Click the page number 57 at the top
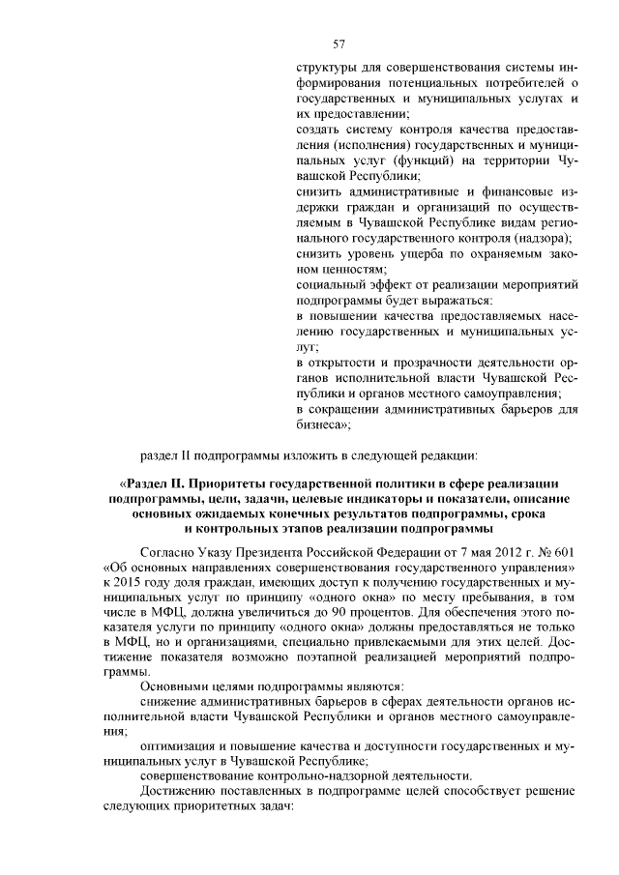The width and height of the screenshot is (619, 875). [339, 44]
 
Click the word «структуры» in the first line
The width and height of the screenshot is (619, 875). [325, 69]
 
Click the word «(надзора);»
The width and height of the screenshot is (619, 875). [543, 237]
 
